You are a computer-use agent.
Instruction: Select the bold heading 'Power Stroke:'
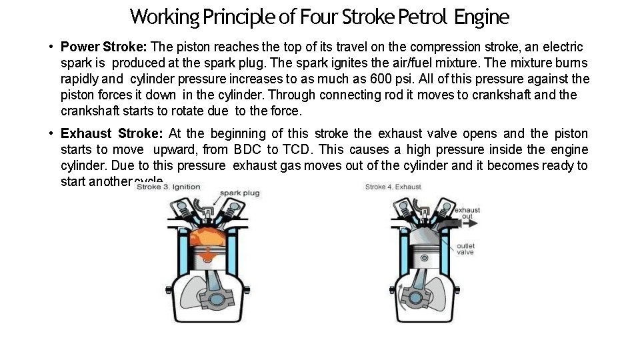[105, 47]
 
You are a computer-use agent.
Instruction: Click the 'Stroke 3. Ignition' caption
[168, 187]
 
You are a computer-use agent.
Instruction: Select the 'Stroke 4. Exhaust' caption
[393, 187]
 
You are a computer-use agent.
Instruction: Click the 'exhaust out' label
[467, 213]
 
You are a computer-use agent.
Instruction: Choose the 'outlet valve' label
[466, 249]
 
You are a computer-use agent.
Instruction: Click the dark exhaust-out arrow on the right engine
[445, 222]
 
